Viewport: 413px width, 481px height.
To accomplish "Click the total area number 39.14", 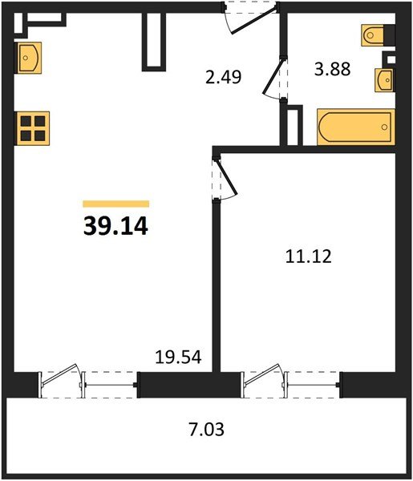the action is coord(115,226).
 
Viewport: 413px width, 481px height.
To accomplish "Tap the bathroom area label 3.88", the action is coord(332,69).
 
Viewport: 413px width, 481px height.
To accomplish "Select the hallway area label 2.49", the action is coord(224,77).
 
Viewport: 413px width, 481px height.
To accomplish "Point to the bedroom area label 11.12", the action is coord(309,257).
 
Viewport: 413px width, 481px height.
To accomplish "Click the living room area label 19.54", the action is coord(178,357).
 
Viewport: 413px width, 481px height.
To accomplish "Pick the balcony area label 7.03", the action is coord(206,429).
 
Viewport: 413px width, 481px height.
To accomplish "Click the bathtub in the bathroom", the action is coord(355,127).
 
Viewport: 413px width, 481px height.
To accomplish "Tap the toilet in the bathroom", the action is coord(373,35).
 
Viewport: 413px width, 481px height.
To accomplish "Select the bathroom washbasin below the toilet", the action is coord(384,80).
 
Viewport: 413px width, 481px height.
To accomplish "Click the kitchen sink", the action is coord(28,58).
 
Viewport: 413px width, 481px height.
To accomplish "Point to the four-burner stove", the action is coord(33,128).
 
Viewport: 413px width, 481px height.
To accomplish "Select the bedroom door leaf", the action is coord(227,176).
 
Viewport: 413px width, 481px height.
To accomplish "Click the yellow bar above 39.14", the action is coord(116,204).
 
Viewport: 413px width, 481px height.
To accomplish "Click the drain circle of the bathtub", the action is coord(384,127).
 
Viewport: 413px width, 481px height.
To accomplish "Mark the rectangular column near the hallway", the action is coord(154,41).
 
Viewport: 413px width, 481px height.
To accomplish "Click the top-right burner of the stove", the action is coord(40,121).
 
